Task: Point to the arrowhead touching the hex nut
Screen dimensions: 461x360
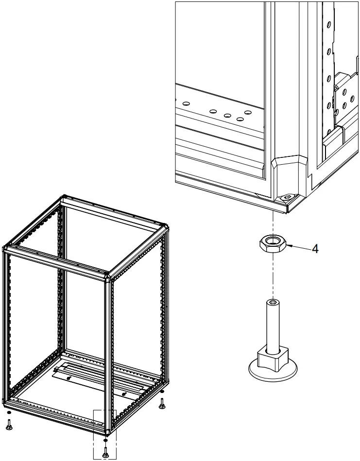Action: coord(288,246)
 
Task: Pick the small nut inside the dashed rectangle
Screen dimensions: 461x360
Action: coord(105,441)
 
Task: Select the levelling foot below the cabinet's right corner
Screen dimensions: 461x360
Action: coord(162,403)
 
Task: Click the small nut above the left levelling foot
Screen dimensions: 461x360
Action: coord(8,415)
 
